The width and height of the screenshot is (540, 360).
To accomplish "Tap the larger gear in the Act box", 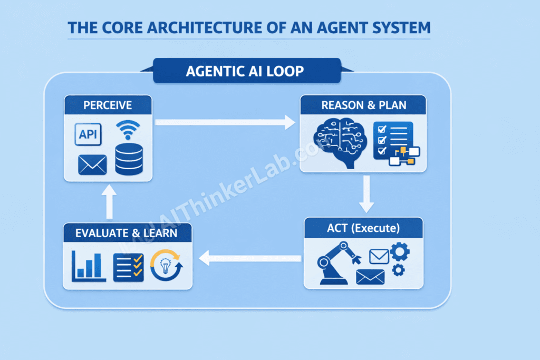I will click(399, 251).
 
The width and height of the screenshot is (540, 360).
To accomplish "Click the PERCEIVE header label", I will click(108, 105).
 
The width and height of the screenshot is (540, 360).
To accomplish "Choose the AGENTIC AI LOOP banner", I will click(245, 71).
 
